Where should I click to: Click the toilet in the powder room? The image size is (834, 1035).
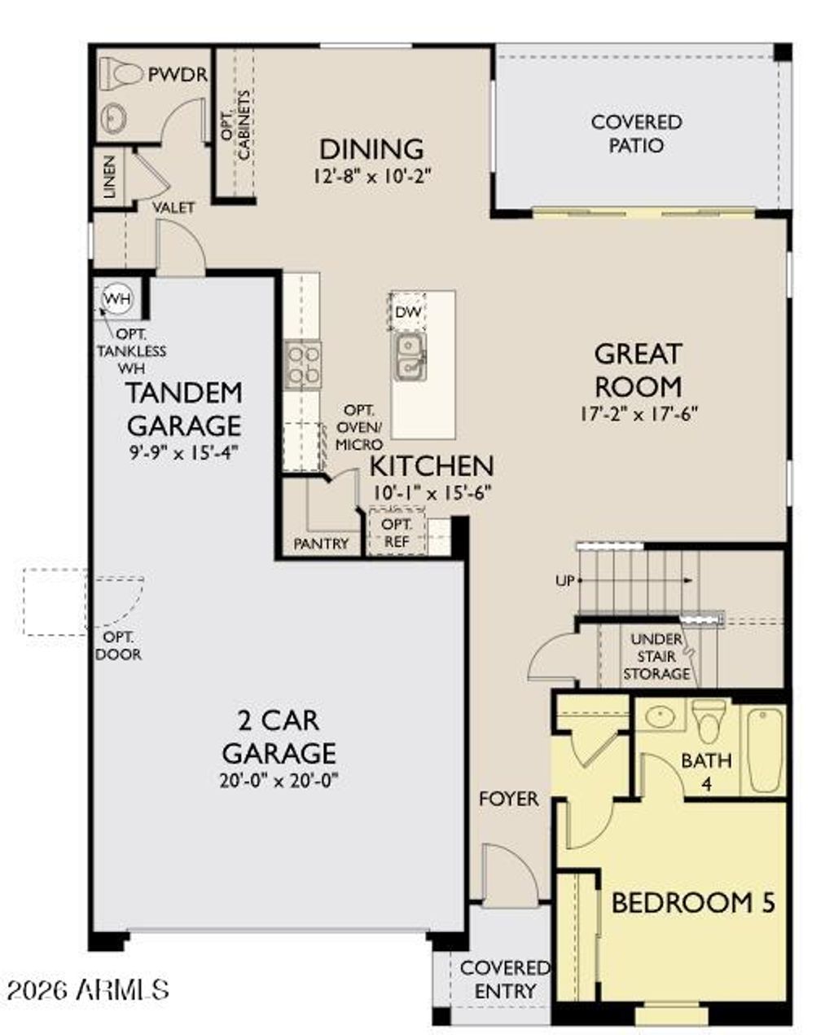121,75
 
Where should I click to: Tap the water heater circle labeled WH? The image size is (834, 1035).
116,299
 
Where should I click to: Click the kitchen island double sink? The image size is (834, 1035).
409,356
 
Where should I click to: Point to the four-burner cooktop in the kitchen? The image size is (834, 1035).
303,364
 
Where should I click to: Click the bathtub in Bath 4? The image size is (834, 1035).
765,751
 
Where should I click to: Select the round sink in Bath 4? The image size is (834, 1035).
660,717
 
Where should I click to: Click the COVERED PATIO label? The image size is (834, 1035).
637,134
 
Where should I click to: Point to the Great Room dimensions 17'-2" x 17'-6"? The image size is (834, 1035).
639,414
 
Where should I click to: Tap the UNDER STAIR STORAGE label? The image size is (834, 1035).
656,657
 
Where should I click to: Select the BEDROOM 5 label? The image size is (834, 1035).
692,903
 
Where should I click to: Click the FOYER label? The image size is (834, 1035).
508,799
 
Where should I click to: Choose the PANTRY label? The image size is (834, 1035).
321,544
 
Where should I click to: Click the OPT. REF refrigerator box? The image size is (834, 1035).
397,533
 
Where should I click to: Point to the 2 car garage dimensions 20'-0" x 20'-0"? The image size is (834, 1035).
279,780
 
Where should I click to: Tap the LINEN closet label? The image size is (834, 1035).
109,177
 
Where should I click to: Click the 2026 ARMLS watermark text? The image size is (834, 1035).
87,989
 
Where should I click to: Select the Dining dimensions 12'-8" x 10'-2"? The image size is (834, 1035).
371,175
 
